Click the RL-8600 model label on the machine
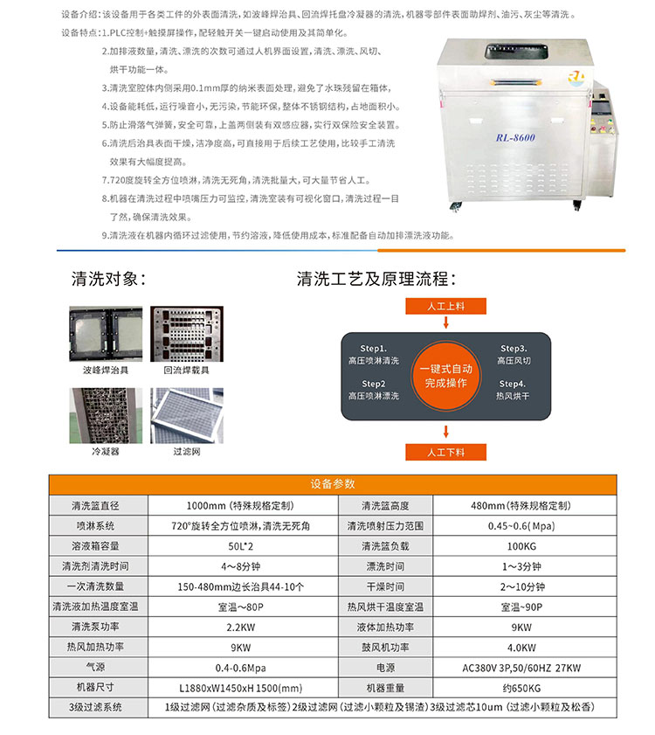pyautogui.click(x=515, y=137)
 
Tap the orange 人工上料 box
pyautogui.click(x=445, y=306)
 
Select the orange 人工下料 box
pyautogui.click(x=445, y=453)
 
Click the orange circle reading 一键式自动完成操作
pyautogui.click(x=445, y=376)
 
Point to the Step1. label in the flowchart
pyautogui.click(x=374, y=349)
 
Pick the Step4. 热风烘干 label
pyautogui.click(x=513, y=390)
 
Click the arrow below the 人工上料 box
pyautogui.click(x=445, y=322)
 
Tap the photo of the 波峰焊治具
pyautogui.click(x=106, y=334)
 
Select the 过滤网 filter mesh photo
pyautogui.click(x=187, y=415)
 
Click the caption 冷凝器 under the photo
pyautogui.click(x=106, y=452)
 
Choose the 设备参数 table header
pyautogui.click(x=333, y=484)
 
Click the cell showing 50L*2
pyautogui.click(x=241, y=546)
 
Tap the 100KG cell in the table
pyautogui.click(x=521, y=546)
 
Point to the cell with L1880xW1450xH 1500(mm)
pyautogui.click(x=241, y=688)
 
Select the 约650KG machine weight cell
pyautogui.click(x=521, y=688)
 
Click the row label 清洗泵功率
pyautogui.click(x=95, y=627)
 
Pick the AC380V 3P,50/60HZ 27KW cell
pyautogui.click(x=521, y=668)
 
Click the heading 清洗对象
pyautogui.click(x=108, y=279)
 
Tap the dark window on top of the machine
pyautogui.click(x=516, y=52)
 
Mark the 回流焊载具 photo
pyautogui.click(x=187, y=334)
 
